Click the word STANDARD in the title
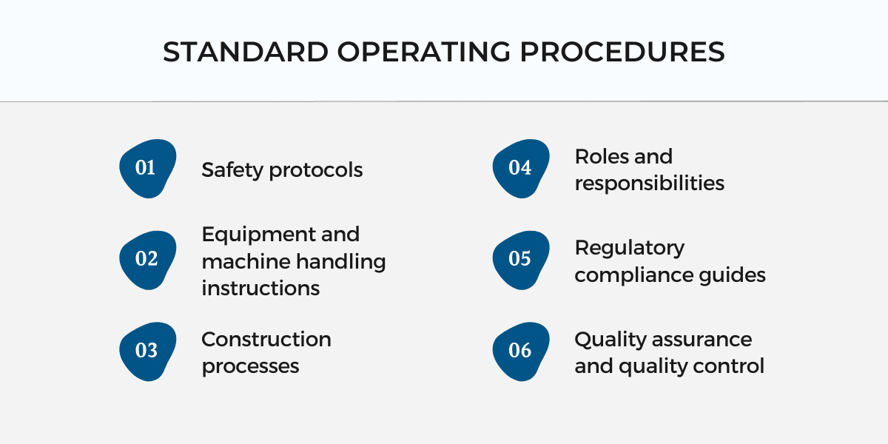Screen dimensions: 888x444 coord(246,52)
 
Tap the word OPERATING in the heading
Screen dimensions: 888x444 coord(424,52)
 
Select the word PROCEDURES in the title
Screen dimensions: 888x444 coord(622,52)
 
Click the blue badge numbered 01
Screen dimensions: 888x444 coord(147,169)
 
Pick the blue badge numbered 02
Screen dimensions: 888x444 coord(147,260)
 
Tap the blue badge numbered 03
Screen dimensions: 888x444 coord(147,351)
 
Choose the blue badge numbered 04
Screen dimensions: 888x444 coord(521,169)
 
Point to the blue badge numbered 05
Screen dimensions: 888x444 coord(521,260)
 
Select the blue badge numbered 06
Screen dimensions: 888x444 coord(521,351)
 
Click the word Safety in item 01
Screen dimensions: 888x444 coord(232,170)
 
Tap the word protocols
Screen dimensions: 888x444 coord(316,170)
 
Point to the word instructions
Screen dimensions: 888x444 coord(260,288)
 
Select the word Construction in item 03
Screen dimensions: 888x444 coord(266,340)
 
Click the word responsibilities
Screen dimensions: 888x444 coord(650,184)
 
